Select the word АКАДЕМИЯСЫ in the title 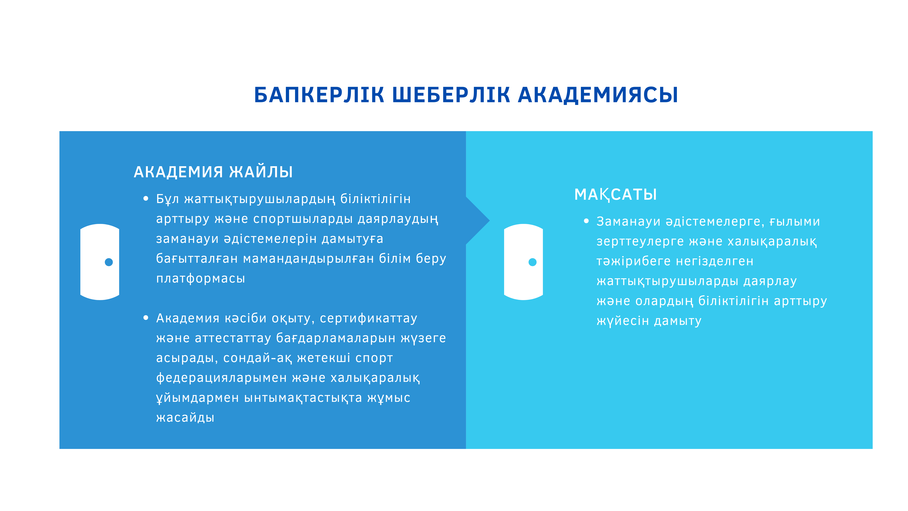pos(598,95)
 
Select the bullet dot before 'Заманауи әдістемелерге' pos(586,221)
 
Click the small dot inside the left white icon pos(109,262)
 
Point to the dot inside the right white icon pos(533,262)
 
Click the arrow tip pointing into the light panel pos(490,221)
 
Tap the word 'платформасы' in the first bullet pos(201,279)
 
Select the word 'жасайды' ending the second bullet pos(185,418)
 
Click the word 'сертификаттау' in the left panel pos(369,318)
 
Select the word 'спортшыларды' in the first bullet pos(303,219)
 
